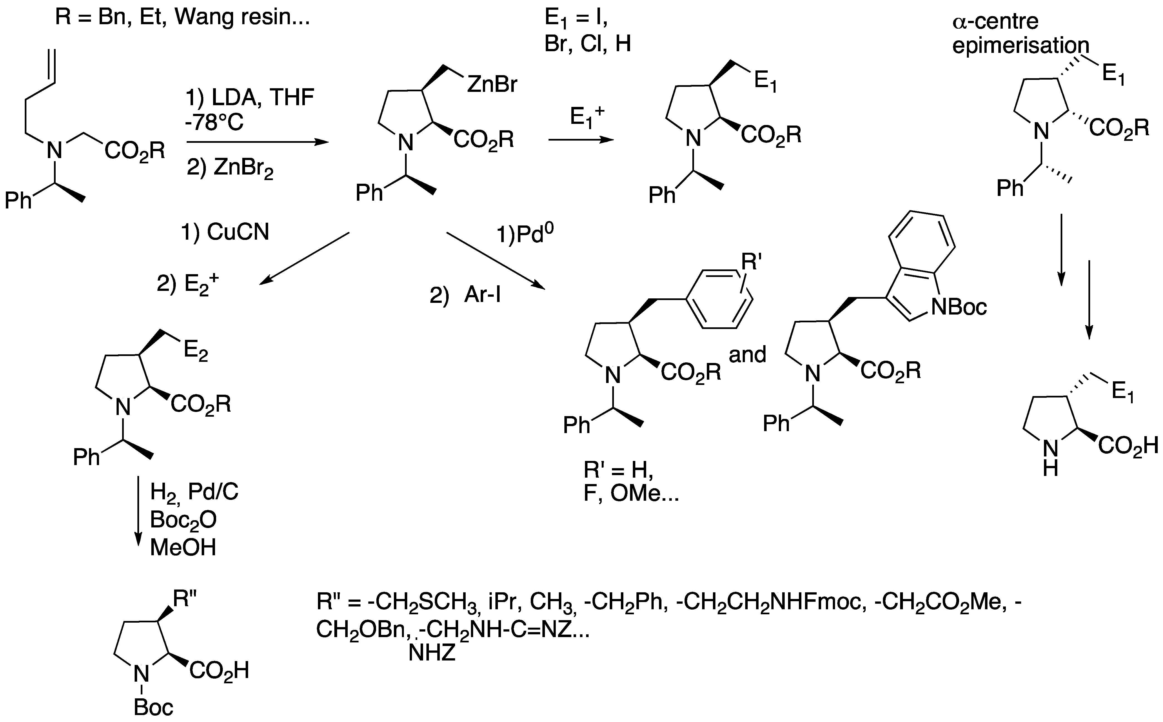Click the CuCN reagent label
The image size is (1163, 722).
pyautogui.click(x=238, y=232)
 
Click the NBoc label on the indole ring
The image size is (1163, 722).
pyautogui.click(x=958, y=306)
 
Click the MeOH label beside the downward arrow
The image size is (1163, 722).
pyautogui.click(x=183, y=547)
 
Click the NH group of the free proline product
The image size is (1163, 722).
pyautogui.click(x=1050, y=457)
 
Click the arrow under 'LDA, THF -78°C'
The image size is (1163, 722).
pyautogui.click(x=257, y=142)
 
